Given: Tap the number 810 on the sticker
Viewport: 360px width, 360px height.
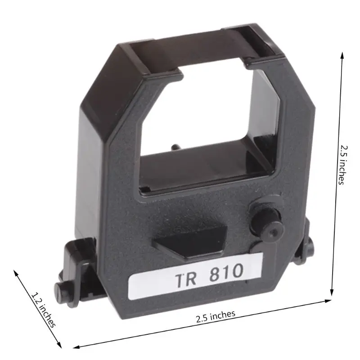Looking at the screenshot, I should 226,271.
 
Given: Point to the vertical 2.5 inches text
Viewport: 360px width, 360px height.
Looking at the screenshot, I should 343,164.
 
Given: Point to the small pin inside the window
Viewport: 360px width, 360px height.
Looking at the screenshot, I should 174,147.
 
